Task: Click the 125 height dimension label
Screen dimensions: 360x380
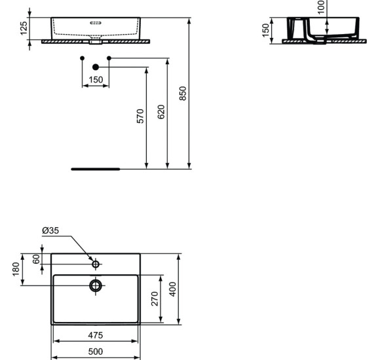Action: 24,27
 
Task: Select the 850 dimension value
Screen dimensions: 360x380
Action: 183,93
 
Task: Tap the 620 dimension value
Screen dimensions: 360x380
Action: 161,111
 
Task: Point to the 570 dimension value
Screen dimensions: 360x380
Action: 140,117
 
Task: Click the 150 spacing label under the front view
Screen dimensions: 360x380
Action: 96,80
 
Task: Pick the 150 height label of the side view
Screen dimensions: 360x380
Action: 266,31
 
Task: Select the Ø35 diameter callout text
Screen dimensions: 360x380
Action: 50,230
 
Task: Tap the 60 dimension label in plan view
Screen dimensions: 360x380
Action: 36,259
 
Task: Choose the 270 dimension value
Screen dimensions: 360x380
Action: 154,299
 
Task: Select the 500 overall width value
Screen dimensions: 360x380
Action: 96,352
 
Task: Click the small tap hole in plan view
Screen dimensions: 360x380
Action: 96,264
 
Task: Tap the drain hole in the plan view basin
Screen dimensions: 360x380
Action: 96,285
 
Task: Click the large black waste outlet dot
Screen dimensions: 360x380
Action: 96,67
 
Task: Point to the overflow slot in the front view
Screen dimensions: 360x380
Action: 96,23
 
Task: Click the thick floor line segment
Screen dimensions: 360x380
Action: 96,169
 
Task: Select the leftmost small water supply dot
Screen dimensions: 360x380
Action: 82,58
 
